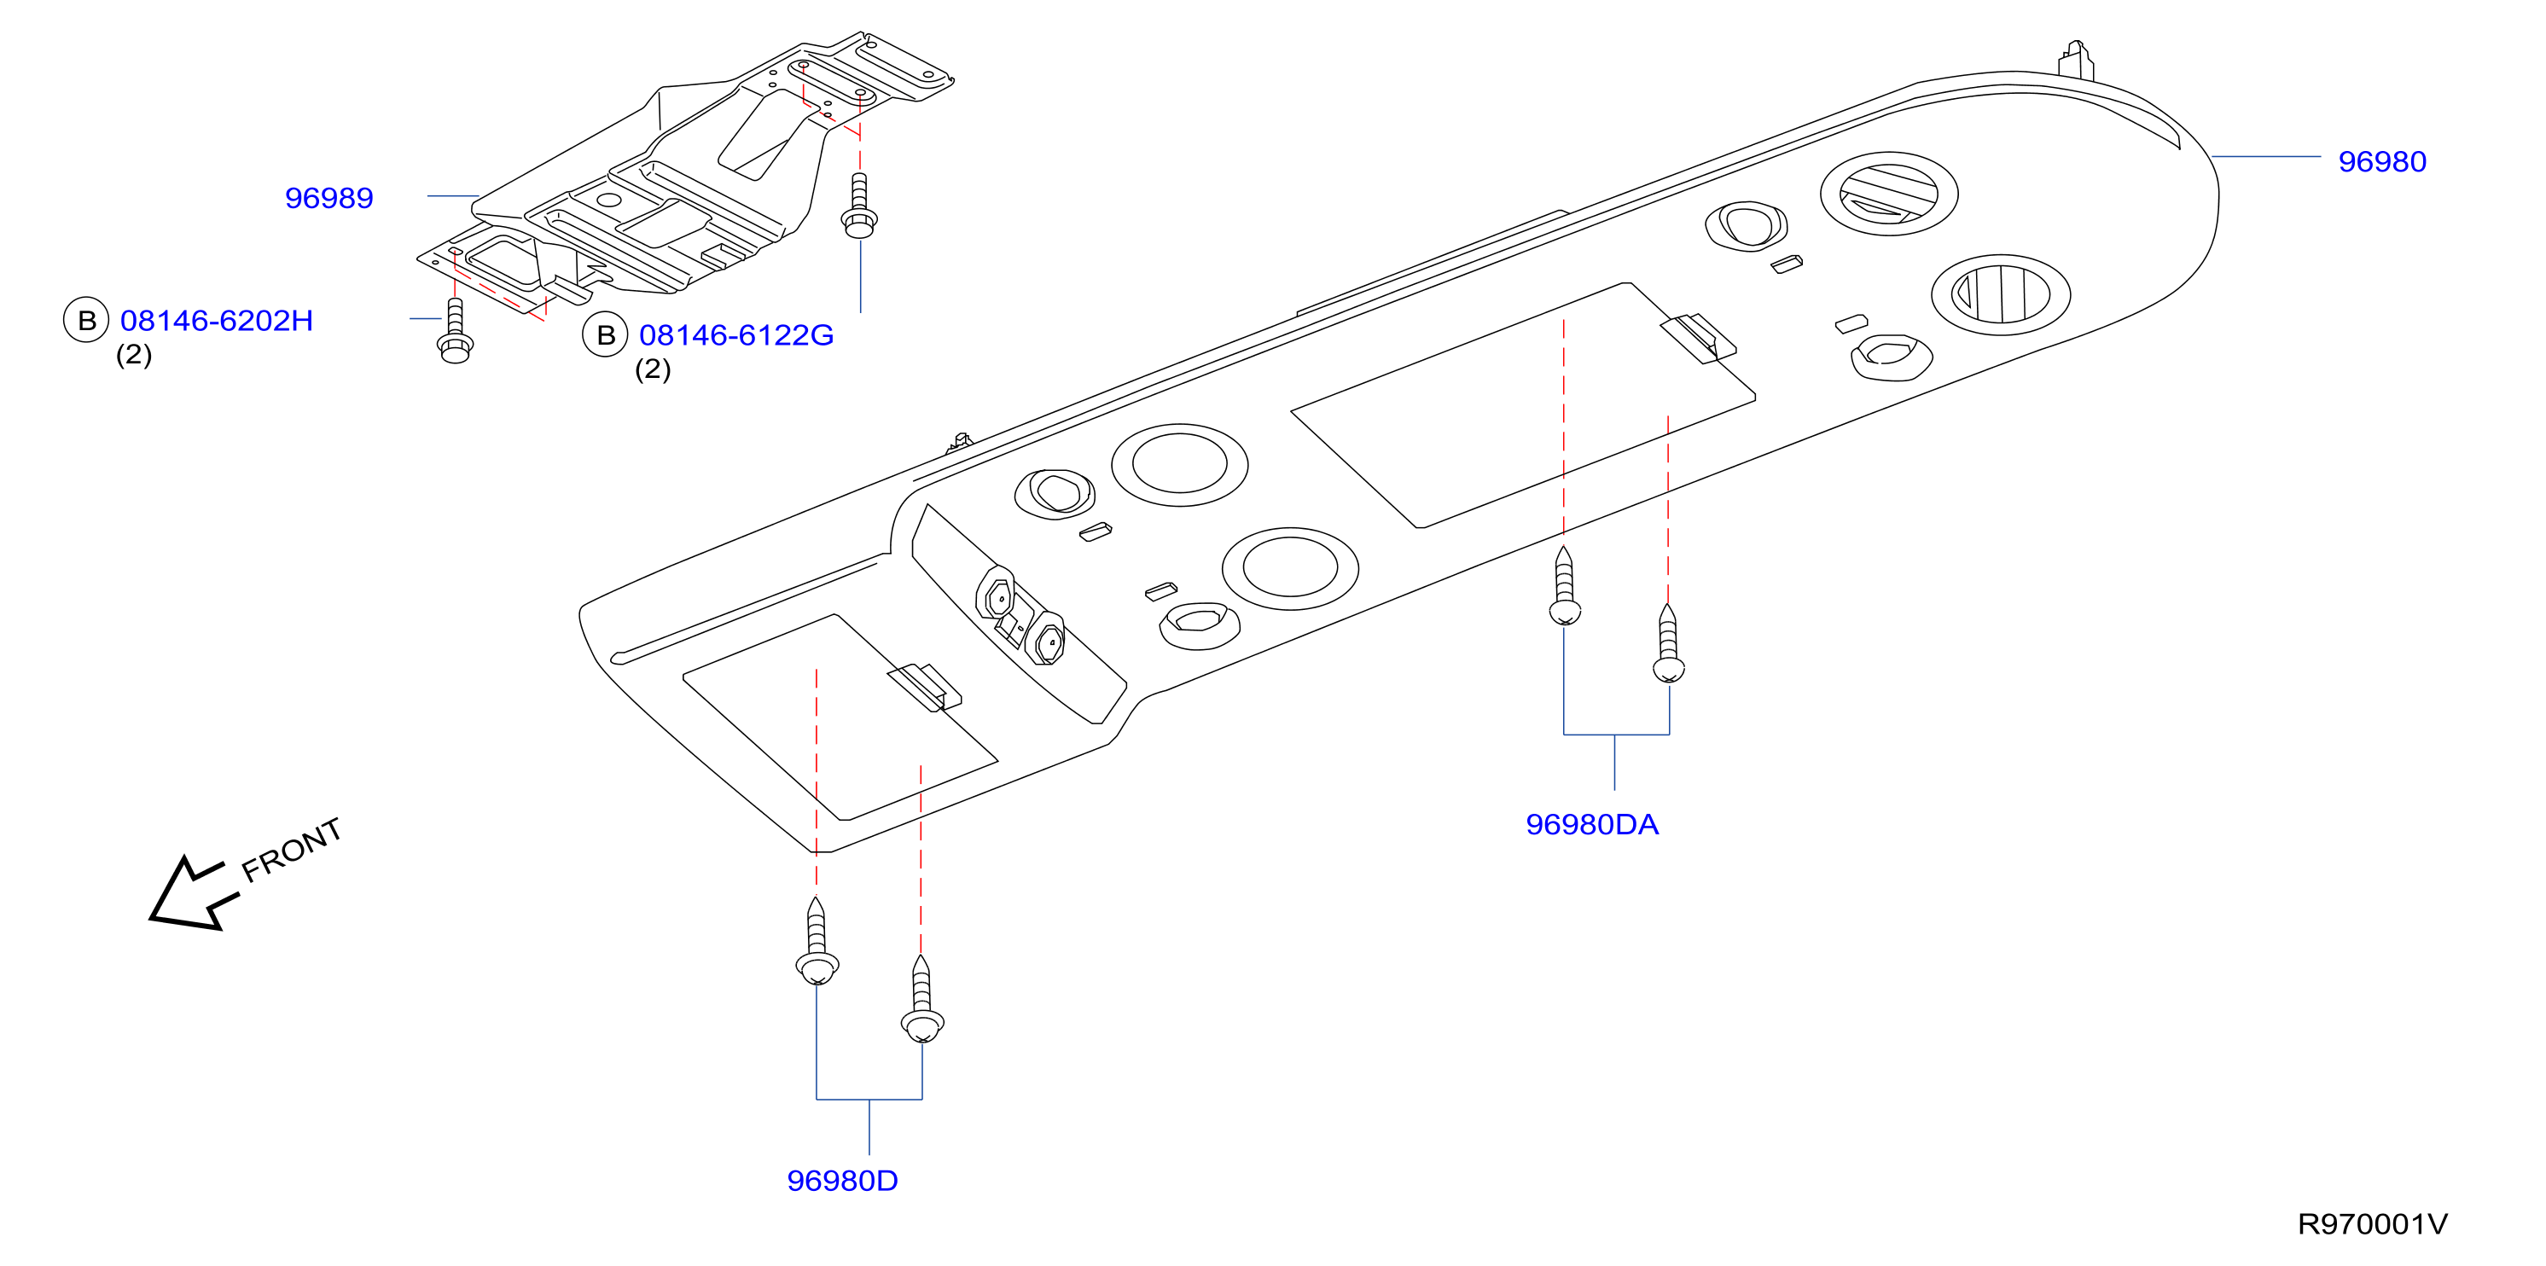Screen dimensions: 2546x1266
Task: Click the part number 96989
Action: click(x=329, y=198)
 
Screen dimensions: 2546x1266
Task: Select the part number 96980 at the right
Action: click(x=2382, y=161)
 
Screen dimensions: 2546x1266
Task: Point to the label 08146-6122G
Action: click(x=736, y=335)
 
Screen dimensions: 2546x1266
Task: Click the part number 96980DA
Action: click(x=1591, y=824)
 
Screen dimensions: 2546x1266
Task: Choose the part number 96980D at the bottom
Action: click(x=842, y=1180)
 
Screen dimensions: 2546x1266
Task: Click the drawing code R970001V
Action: click(x=2372, y=1224)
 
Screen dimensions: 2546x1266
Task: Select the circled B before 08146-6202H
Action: click(x=86, y=319)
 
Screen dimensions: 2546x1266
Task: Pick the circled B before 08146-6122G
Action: click(x=605, y=335)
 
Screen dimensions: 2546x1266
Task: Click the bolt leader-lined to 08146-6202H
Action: click(x=455, y=330)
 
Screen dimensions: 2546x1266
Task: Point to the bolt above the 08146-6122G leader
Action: click(x=859, y=206)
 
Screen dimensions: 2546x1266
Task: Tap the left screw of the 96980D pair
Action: click(x=817, y=941)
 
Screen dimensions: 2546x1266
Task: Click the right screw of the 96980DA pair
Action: click(x=1668, y=643)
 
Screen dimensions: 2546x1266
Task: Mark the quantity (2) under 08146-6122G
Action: click(x=653, y=369)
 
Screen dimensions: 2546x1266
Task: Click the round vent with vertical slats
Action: click(x=2001, y=294)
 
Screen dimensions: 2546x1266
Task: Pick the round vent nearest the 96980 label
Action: click(x=1889, y=194)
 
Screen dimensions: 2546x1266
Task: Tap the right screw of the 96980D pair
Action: click(x=922, y=998)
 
